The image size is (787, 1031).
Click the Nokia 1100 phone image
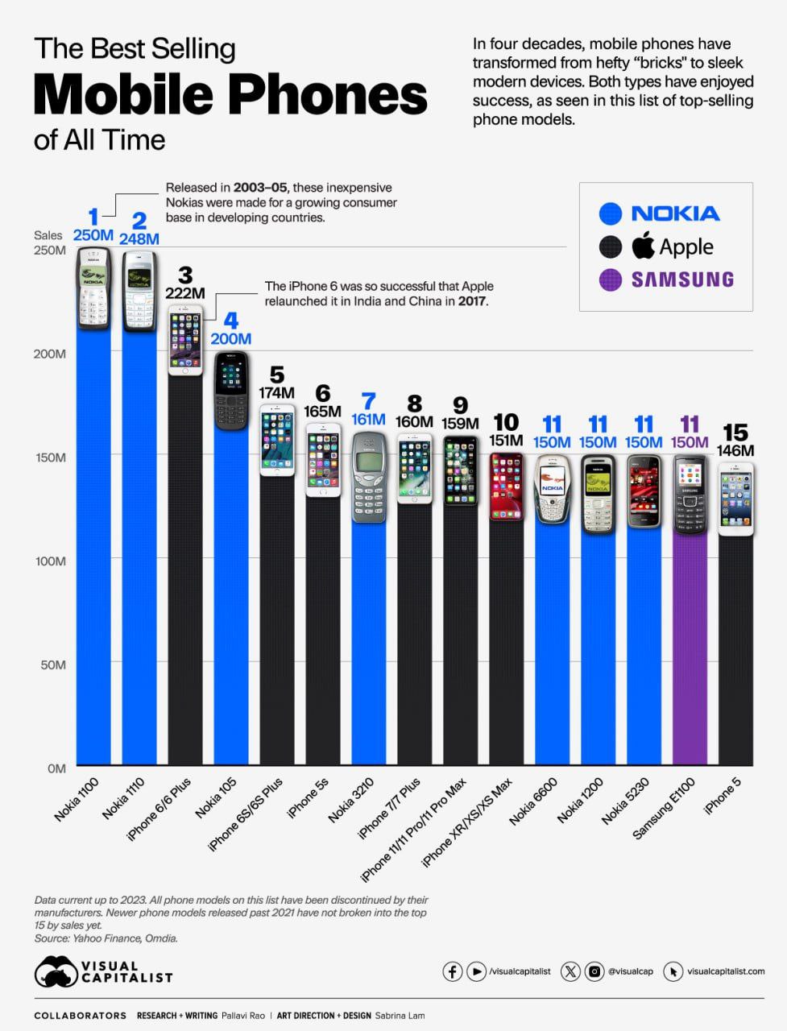click(93, 288)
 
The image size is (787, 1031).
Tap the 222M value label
click(185, 293)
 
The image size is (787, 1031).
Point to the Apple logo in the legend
click(643, 246)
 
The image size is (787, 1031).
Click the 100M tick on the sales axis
click(50, 561)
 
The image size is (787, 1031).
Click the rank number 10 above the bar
click(505, 422)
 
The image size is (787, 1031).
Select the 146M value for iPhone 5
click(736, 451)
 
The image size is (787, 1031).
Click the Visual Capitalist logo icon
click(56, 971)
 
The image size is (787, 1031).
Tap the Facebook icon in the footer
click(453, 971)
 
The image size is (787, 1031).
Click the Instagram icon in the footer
click(594, 971)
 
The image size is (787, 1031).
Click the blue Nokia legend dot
click(611, 213)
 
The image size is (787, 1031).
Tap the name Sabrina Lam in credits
click(400, 1016)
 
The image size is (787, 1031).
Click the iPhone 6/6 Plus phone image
click(185, 340)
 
